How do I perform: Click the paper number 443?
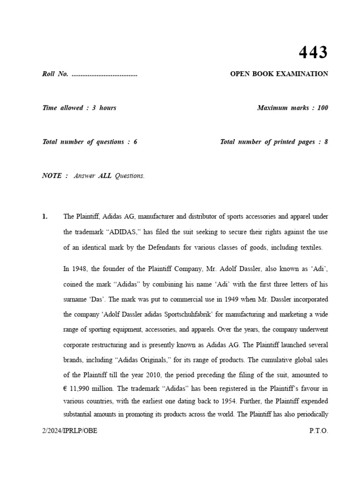click(x=313, y=52)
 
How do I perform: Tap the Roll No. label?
click(x=55, y=74)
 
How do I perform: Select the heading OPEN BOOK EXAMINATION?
click(x=279, y=74)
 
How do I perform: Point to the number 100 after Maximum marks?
click(x=322, y=108)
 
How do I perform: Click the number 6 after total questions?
click(x=135, y=142)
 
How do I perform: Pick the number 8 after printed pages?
click(x=326, y=142)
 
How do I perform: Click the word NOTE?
click(x=52, y=176)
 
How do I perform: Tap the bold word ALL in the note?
click(x=105, y=176)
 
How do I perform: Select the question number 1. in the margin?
click(x=45, y=217)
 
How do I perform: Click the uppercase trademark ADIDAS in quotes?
click(x=112, y=232)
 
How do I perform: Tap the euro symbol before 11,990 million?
click(x=66, y=388)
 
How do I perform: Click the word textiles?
click(x=310, y=247)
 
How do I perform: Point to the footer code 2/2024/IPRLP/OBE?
click(x=70, y=431)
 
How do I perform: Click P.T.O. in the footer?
click(x=319, y=431)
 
